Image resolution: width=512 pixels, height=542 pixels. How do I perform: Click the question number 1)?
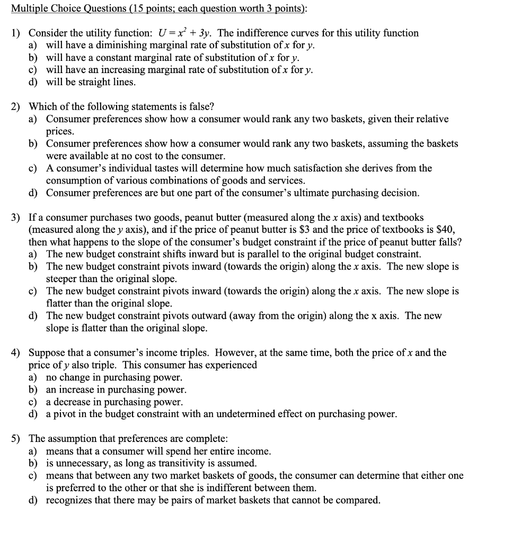tap(16, 33)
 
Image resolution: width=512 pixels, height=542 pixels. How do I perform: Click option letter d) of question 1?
tap(33, 82)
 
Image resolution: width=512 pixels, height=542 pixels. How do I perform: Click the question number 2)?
tap(16, 106)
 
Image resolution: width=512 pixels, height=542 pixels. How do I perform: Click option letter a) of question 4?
tap(33, 377)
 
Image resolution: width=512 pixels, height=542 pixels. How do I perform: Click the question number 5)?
tap(16, 439)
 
